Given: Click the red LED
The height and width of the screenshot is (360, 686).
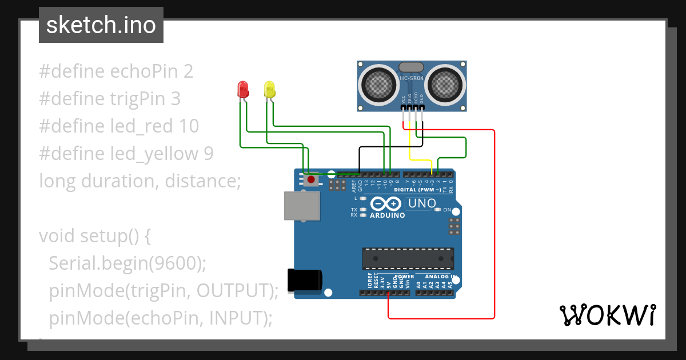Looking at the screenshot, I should pos(243,89).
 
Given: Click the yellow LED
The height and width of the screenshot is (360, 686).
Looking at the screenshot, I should pos(269,89).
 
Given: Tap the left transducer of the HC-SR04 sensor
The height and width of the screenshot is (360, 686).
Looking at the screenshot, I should pos(377,85).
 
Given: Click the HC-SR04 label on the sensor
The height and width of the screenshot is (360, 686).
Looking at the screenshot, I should pos(412,78).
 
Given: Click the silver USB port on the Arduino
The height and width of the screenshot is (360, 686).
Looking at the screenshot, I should pos(302,206).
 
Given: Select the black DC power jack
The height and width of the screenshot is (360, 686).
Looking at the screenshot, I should pos(304,279).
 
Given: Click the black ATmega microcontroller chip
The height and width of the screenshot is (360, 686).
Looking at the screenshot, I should pos(408,259).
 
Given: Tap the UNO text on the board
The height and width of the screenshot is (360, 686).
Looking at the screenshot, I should pos(422,203).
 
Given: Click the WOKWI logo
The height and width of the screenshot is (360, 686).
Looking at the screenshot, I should pos(607,315).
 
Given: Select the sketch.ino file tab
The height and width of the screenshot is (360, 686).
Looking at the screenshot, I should pos(101,25).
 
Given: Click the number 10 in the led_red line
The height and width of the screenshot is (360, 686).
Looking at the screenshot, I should pos(189,126).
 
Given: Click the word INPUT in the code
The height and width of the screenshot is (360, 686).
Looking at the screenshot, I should pos(236,318).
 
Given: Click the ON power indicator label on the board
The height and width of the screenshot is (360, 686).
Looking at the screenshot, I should pos(447,210).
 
